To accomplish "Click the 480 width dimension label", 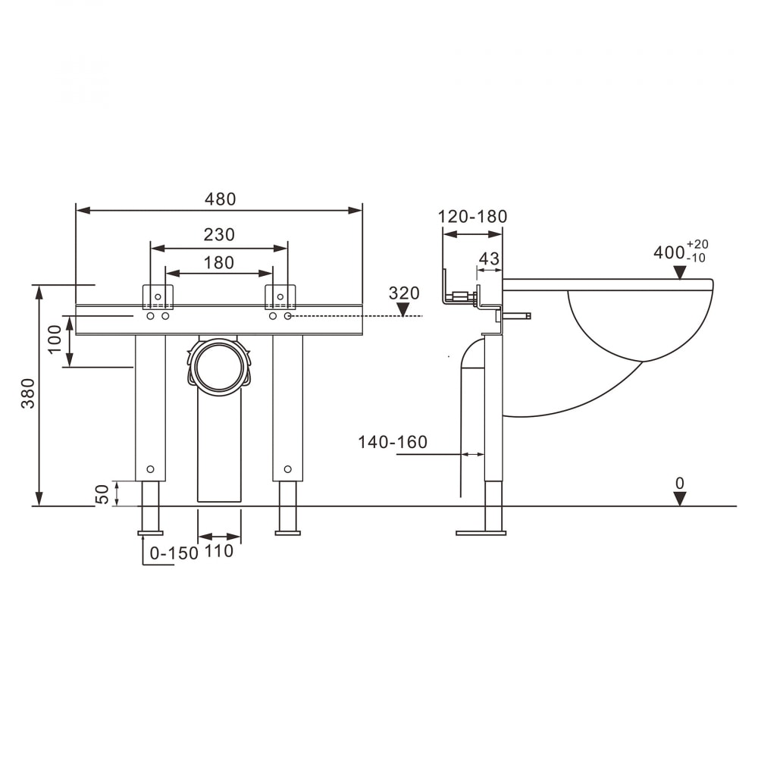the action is [220, 199].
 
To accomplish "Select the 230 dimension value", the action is [219, 235].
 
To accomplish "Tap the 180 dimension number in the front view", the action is [218, 263].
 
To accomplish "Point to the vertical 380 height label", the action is [29, 393].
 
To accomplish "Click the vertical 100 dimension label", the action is [55, 340].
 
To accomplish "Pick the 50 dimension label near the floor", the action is [102, 494].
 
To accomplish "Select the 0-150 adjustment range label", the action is [174, 553].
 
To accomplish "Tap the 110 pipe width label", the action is [219, 551].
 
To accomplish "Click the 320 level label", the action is [404, 293].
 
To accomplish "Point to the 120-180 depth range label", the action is [472, 217].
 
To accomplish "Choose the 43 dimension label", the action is [488, 258].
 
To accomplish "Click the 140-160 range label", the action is [393, 442].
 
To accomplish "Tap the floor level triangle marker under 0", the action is [680, 499].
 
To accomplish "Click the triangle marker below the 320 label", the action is [402, 309].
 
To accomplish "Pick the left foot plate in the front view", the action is [150, 533].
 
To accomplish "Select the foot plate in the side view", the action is [481, 533].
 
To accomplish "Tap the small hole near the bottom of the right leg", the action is [287, 469].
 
